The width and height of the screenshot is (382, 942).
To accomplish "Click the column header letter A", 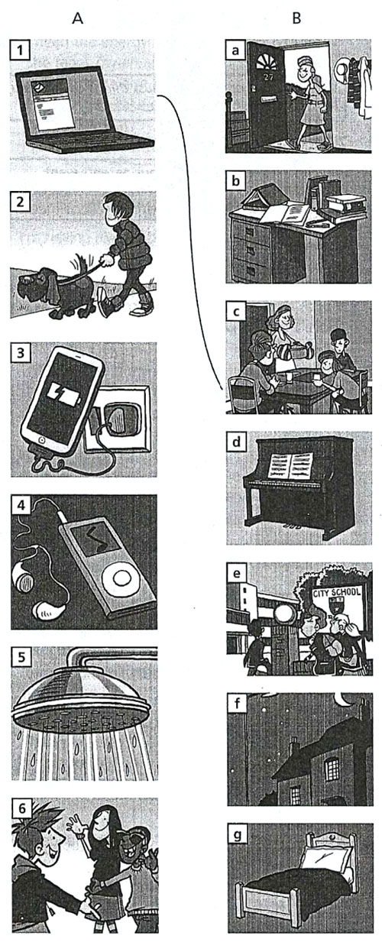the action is coord(77,18).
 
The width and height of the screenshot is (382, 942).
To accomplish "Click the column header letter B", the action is coord(296,18).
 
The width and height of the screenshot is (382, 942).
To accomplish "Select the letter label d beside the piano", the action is coord(236,442).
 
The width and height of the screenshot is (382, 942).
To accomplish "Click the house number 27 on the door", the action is coord(268,77).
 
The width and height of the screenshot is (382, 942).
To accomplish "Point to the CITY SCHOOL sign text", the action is coord(337,593).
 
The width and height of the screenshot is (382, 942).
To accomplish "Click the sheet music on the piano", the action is coord(291,465).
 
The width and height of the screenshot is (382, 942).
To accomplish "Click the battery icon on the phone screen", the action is coord(64,395).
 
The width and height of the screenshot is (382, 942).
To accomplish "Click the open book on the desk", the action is coord(285,213).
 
